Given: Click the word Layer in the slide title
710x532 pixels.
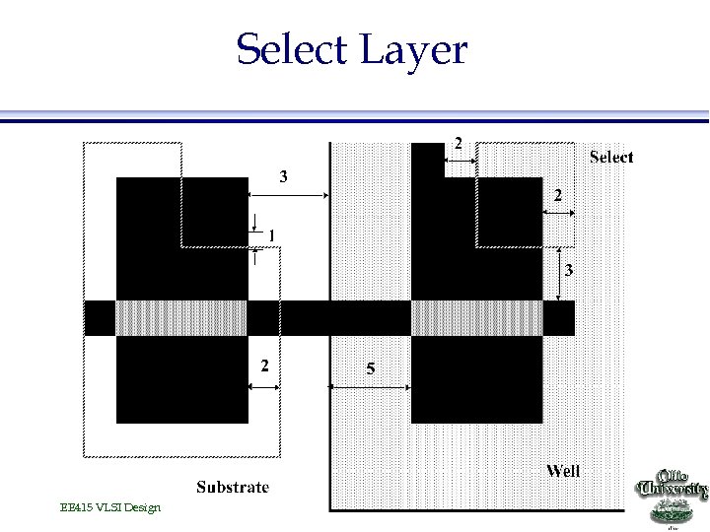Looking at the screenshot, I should tap(414, 49).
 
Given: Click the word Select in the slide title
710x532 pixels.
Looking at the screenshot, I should tap(292, 49).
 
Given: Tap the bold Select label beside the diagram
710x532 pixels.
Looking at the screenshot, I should tap(611, 157).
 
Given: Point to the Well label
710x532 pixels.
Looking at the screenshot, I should tap(563, 471).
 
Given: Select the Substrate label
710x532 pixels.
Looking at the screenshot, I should tap(233, 487).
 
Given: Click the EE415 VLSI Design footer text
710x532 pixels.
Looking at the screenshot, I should tap(109, 507).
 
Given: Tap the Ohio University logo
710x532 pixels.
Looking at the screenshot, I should tap(674, 493).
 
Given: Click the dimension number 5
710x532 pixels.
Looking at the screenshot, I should tap(370, 368).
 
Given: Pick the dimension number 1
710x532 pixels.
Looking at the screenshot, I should tap(271, 234).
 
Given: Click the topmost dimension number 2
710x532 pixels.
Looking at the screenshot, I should tap(458, 142).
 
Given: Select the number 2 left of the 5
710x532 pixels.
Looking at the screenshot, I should tap(263, 366).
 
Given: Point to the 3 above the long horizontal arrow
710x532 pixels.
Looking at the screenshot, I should tap(284, 177).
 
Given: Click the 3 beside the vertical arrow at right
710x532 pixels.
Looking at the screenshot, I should tap(569, 269).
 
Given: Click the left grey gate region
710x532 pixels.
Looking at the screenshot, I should tap(181, 317).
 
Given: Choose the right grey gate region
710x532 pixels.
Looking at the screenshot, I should tap(476, 317).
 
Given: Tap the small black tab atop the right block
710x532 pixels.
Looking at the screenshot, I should tap(427, 159).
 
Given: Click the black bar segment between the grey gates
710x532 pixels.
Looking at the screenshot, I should tap(328, 317).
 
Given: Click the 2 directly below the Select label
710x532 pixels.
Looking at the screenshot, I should tap(557, 196).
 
